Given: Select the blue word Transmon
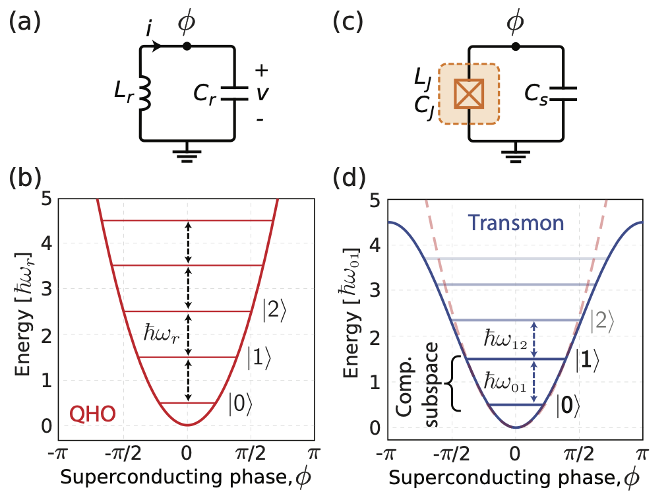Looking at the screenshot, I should [x=517, y=223].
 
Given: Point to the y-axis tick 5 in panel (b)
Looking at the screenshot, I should [x=46, y=198].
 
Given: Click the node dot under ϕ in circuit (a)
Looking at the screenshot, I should [x=187, y=46].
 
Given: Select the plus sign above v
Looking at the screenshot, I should [x=262, y=70].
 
